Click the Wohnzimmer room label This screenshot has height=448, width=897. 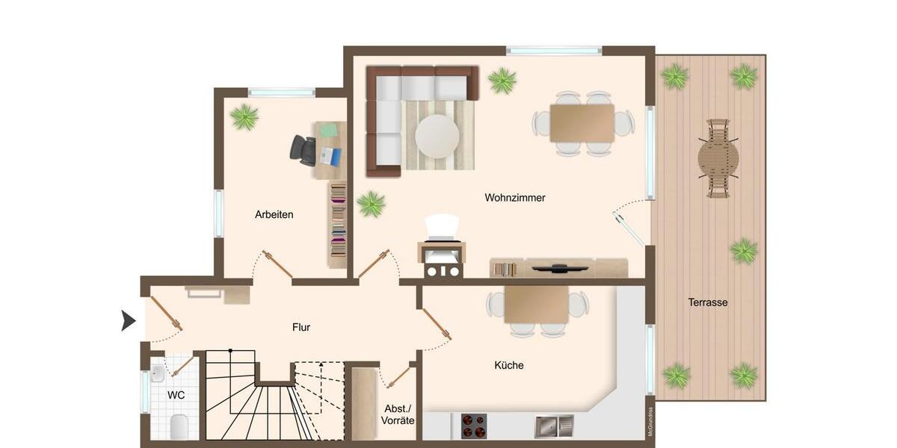click(515, 198)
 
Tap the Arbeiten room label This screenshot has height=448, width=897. click(274, 214)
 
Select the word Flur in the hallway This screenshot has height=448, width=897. click(301, 327)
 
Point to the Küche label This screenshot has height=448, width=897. click(509, 365)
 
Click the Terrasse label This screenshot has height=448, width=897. click(708, 302)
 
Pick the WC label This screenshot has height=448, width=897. click(176, 394)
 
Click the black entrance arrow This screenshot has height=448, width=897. click(128, 321)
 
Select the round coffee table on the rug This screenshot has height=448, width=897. click(437, 136)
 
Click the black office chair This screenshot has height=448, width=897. click(303, 150)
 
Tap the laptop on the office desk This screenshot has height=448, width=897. click(330, 156)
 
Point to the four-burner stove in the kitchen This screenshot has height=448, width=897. click(474, 426)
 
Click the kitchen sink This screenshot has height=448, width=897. click(554, 426)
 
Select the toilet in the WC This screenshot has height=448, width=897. click(179, 426)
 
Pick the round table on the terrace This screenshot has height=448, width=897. click(718, 158)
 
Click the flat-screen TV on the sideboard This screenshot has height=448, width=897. click(559, 268)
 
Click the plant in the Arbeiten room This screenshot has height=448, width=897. click(244, 116)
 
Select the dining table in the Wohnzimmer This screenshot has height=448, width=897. click(582, 123)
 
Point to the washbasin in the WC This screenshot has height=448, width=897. click(158, 373)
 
